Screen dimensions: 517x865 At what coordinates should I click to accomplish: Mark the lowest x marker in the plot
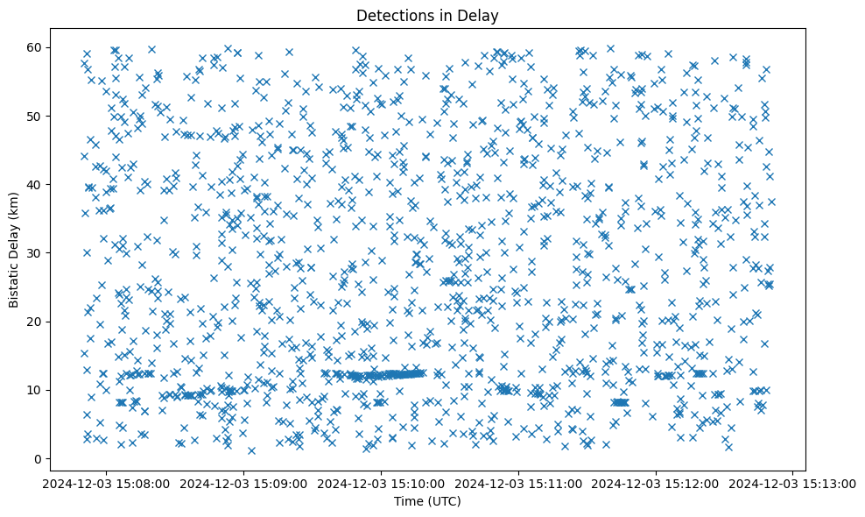click(x=251, y=450)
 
